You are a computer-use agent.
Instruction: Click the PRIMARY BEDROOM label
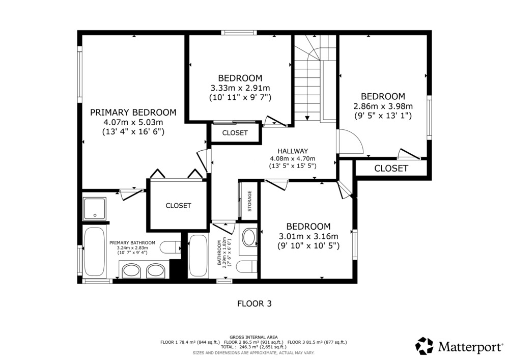pyautogui.click(x=133, y=113)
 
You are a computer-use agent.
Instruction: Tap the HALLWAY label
pyautogui.click(x=293, y=151)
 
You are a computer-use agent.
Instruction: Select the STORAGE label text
pyautogui.click(x=249, y=201)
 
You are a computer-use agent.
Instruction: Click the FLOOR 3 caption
pyautogui.click(x=254, y=303)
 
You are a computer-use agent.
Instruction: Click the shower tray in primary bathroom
pyautogui.click(x=95, y=208)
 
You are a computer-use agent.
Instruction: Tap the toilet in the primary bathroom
pyautogui.click(x=171, y=247)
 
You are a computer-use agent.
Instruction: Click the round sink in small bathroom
pyautogui.click(x=249, y=237)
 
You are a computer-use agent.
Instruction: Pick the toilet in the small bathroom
pyautogui.click(x=246, y=267)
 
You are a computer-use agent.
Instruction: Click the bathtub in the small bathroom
pyautogui.click(x=198, y=256)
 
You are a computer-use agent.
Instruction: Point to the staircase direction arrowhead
pyautogui.click(x=307, y=118)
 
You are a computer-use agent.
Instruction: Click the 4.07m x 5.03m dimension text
pyautogui.click(x=133, y=122)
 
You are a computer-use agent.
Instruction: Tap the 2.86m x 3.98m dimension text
pyautogui.click(x=383, y=106)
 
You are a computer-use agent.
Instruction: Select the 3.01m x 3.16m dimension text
pyautogui.click(x=308, y=236)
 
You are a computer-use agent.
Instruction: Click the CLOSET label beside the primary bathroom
pyautogui.click(x=178, y=206)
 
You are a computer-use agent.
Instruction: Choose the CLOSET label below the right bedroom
pyautogui.click(x=391, y=168)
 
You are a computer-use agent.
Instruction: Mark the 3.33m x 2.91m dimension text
pyautogui.click(x=240, y=88)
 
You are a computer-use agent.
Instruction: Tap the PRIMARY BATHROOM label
pyautogui.click(x=132, y=243)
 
